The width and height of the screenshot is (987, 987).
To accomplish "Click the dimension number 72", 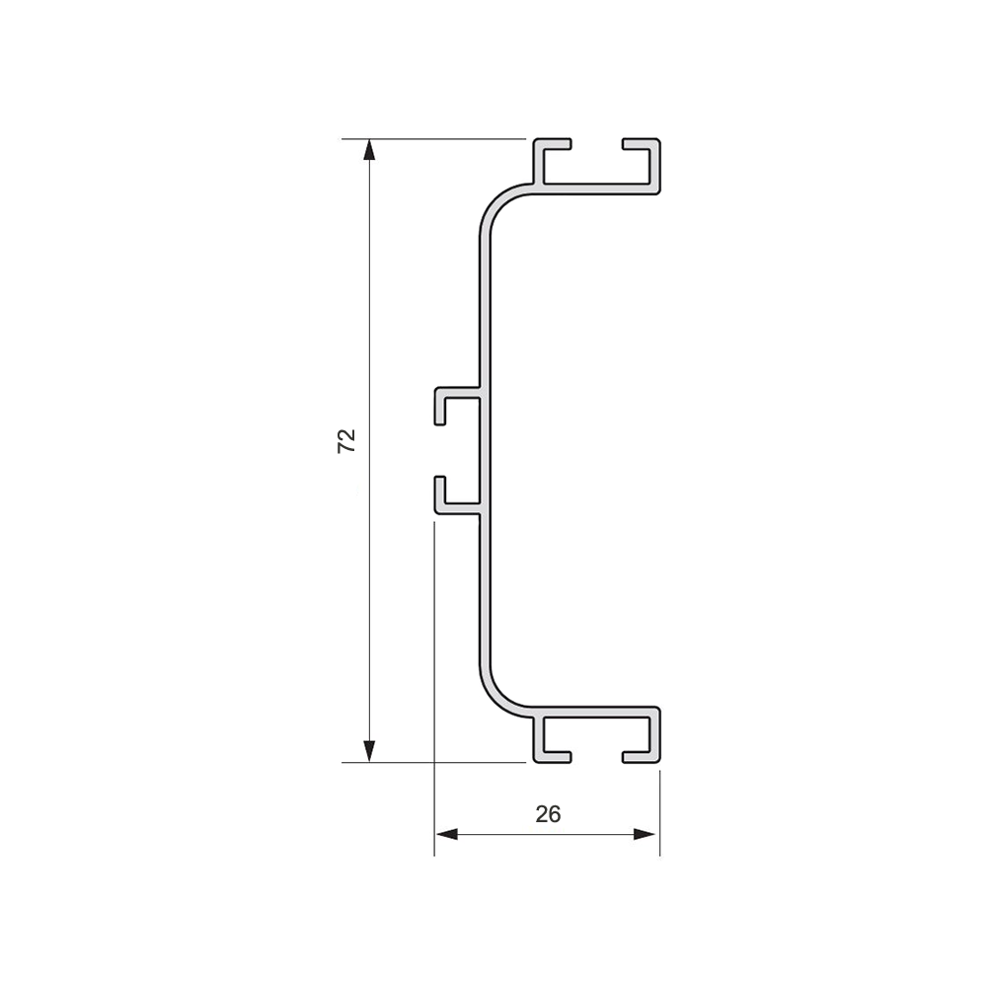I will point(346,440).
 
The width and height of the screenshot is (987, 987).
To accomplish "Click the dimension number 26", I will point(548,814).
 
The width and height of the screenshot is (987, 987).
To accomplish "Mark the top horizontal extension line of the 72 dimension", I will point(434,139).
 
